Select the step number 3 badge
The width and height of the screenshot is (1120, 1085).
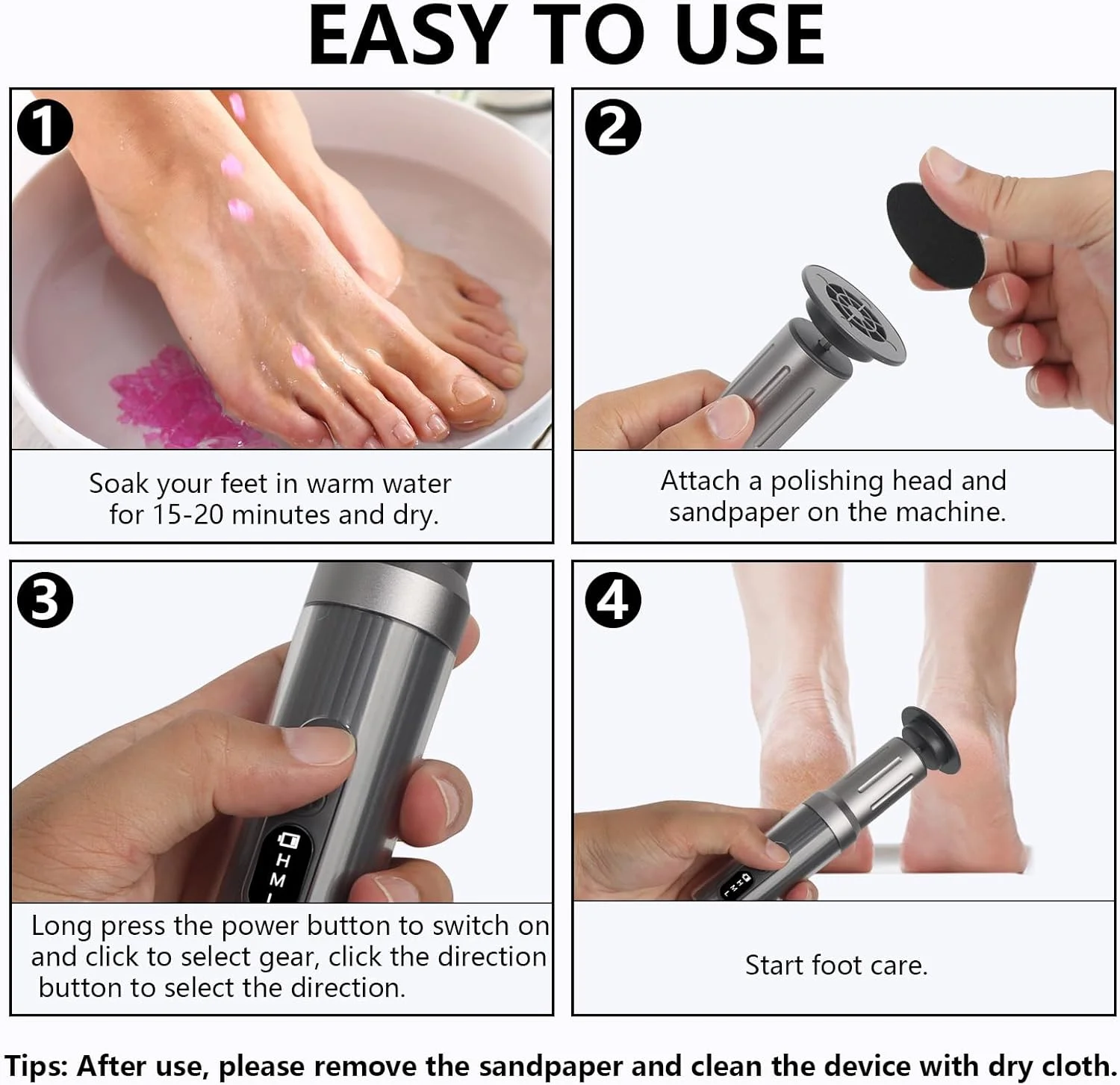[45, 600]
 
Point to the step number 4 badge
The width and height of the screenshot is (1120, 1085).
[613, 600]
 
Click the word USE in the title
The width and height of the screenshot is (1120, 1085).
[748, 36]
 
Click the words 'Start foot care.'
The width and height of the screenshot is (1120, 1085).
[836, 966]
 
